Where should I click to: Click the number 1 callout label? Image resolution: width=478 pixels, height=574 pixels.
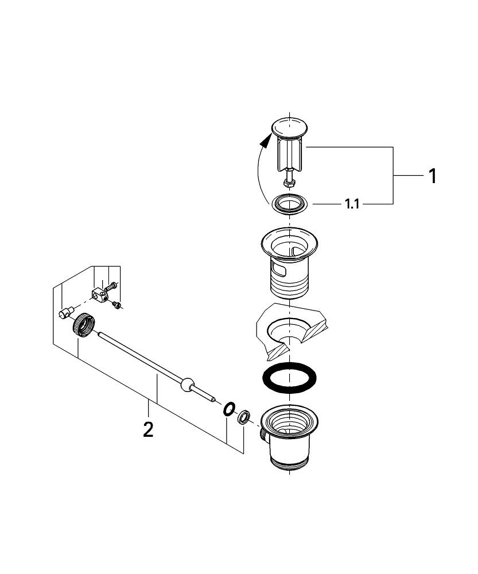(x=433, y=176)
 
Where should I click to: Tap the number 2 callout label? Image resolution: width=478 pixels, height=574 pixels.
(x=148, y=429)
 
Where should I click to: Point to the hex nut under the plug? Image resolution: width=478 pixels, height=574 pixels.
(x=289, y=183)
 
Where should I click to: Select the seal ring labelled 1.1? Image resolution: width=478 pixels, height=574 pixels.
(x=289, y=204)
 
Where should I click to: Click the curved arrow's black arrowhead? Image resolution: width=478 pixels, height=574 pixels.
(x=265, y=139)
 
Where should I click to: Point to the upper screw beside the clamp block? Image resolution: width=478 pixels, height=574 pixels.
(x=112, y=284)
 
